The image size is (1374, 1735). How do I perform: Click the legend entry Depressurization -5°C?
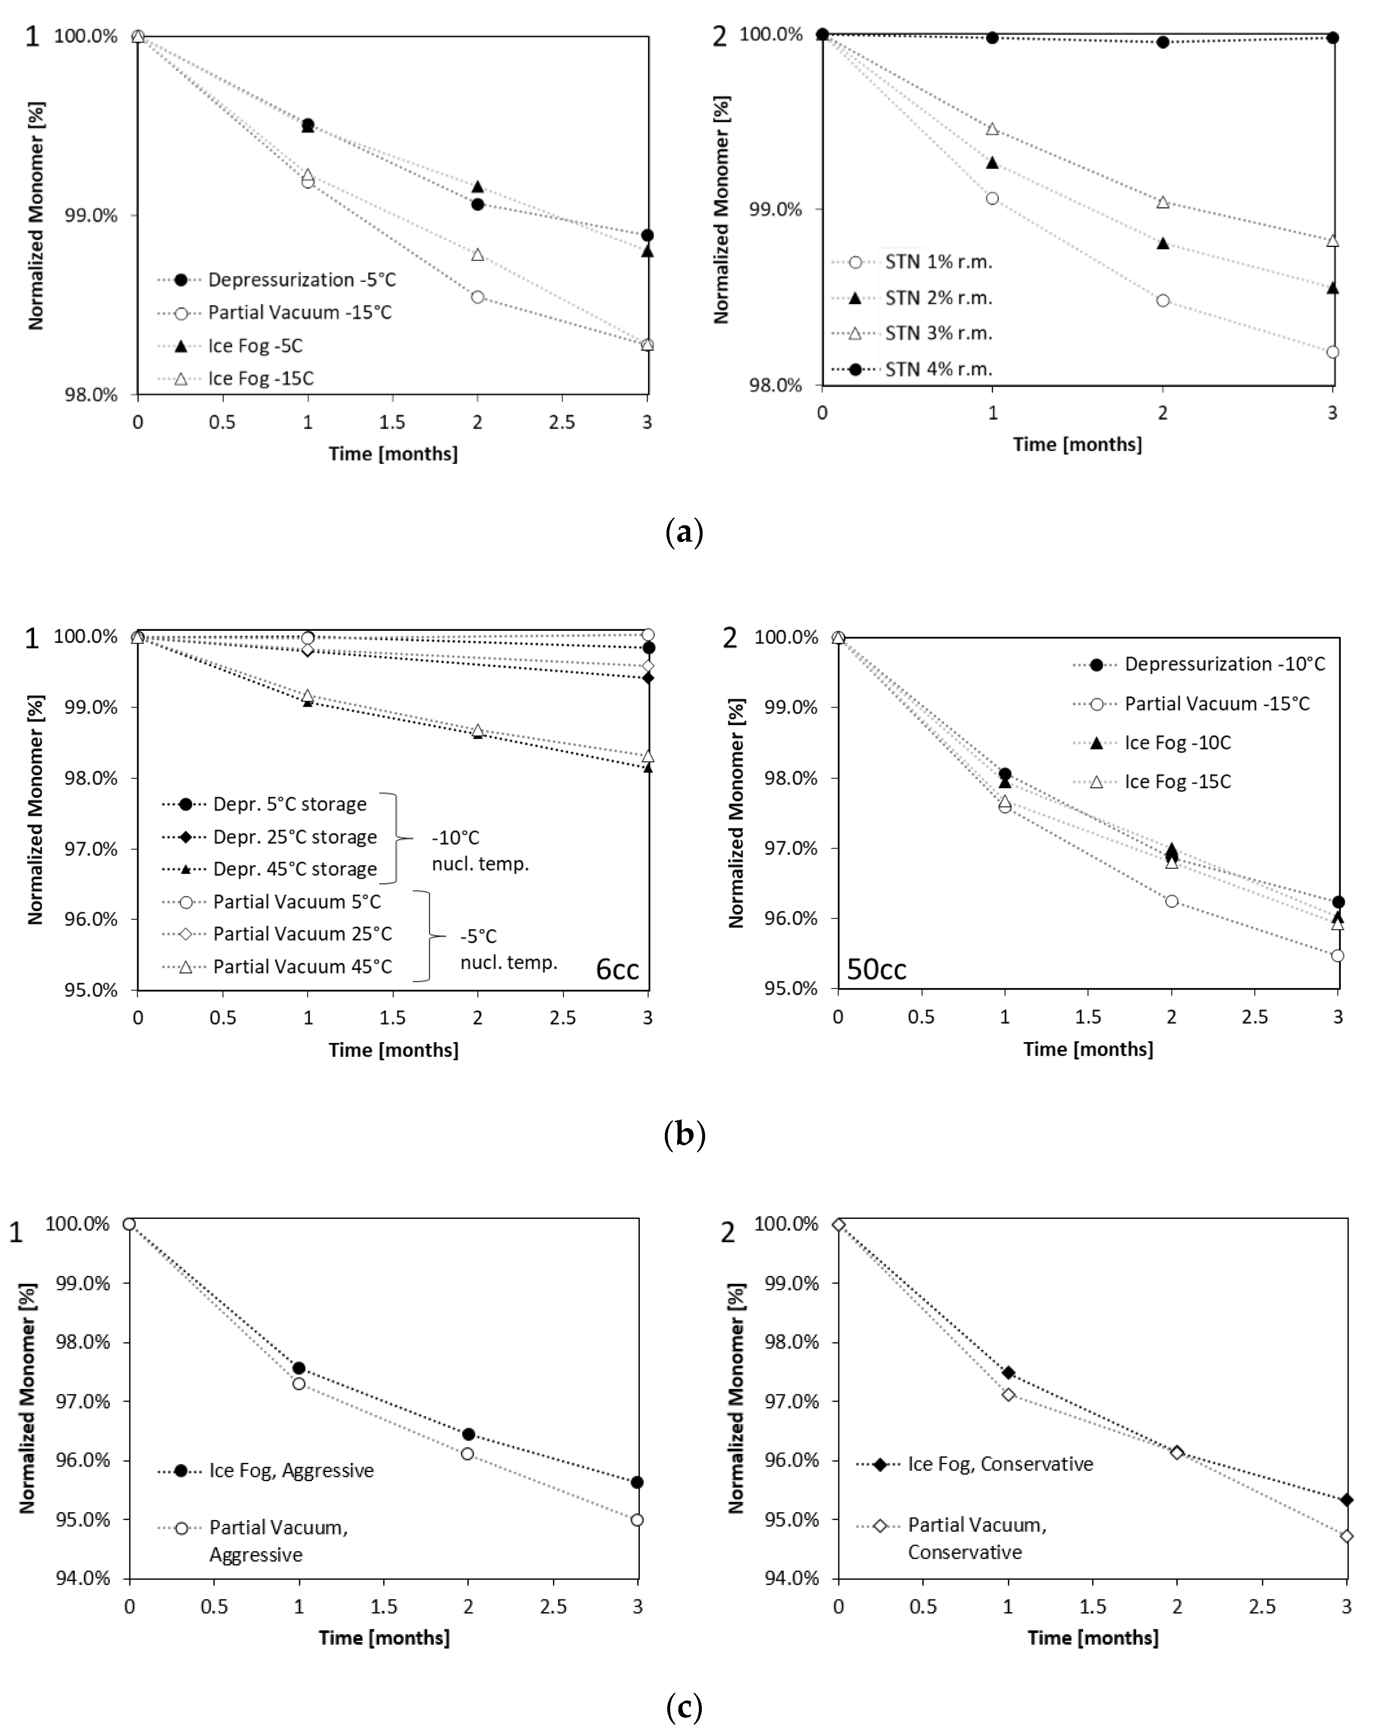(x=302, y=280)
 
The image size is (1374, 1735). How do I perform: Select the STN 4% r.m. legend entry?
(x=938, y=369)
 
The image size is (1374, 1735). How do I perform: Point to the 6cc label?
(x=617, y=969)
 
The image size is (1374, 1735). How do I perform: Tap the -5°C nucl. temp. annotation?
(x=508, y=949)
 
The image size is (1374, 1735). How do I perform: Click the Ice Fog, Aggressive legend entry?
(x=291, y=1470)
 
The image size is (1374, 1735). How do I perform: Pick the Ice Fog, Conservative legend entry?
(x=1000, y=1464)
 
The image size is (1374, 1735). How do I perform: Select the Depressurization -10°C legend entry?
(x=1224, y=664)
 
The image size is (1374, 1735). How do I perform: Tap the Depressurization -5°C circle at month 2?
(x=478, y=204)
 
